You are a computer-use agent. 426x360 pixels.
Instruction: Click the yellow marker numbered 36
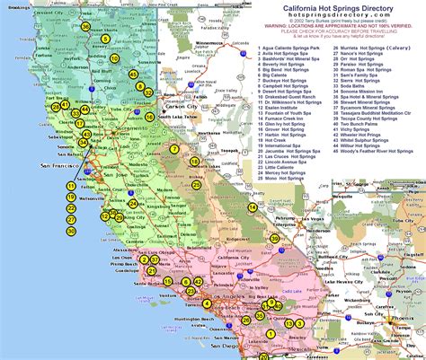pyautogui.click(x=85, y=27)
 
